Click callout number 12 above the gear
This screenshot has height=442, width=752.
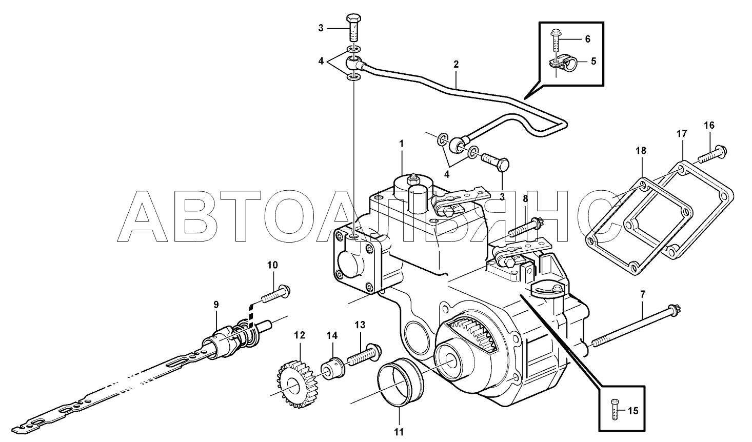point(299,335)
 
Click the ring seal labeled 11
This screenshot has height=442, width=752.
point(401,383)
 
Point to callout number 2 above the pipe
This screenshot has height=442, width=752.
point(456,65)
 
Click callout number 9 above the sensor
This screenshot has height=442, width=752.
point(216,305)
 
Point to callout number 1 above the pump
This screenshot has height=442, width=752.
point(402,144)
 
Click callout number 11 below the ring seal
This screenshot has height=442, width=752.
point(399,431)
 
